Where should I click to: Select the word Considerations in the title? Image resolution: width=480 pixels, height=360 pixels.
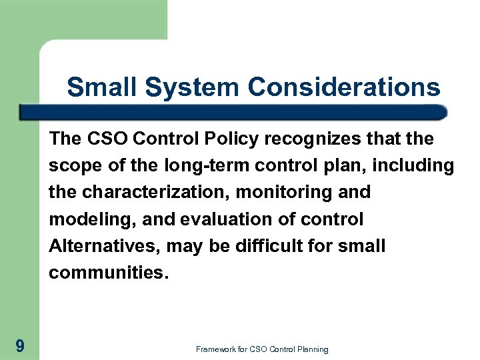pyautogui.click(x=344, y=87)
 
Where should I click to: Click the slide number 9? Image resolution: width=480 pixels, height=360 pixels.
pyautogui.click(x=20, y=346)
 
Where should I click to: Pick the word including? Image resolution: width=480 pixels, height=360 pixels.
pyautogui.click(x=412, y=165)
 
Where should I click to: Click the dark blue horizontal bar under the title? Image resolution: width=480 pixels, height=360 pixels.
pyautogui.click(x=233, y=112)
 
